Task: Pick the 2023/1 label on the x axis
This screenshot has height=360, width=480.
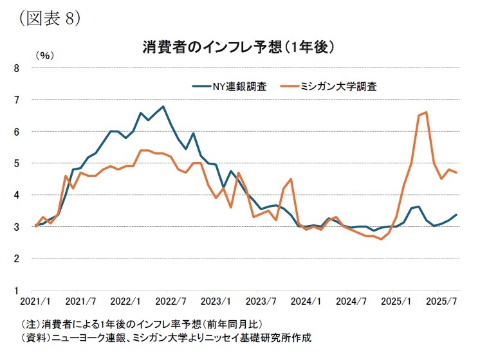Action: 212,301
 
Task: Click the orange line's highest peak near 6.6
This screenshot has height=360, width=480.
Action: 427,113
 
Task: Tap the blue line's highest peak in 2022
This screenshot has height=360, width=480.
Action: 163,107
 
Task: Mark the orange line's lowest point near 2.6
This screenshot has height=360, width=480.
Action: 382,239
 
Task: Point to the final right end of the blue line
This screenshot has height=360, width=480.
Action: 457,215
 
